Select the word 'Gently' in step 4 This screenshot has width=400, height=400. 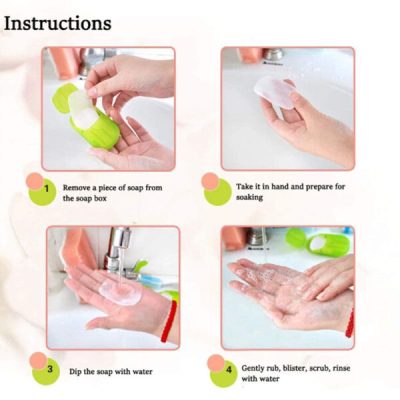[x=255, y=367]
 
